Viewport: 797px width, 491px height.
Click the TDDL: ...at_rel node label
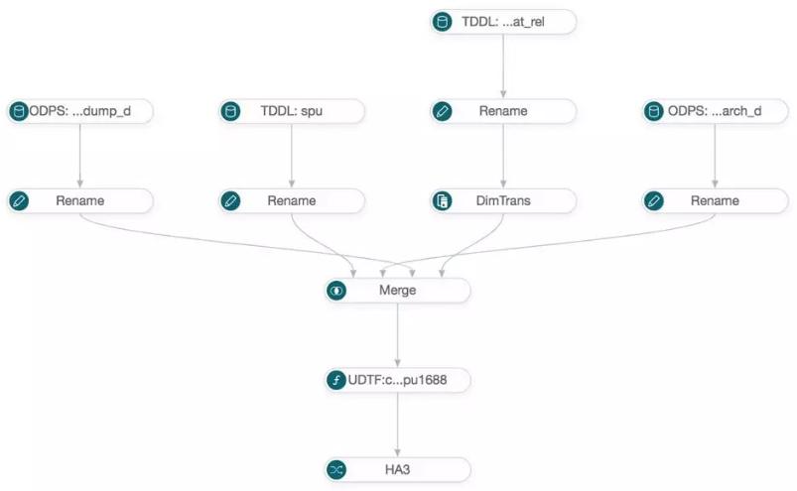coord(502,22)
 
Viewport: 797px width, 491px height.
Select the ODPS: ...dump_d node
coord(79,111)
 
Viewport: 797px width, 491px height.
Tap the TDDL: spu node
coord(291,111)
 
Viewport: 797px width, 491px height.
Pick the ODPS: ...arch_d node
coord(716,111)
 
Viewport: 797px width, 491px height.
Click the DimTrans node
coord(503,200)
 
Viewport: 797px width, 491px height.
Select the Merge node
coord(397,291)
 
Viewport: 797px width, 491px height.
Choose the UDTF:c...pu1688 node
coord(397,380)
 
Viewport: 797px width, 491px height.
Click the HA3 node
coord(397,470)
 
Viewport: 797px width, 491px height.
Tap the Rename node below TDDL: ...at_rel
coord(503,111)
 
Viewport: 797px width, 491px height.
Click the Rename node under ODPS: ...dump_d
coord(79,200)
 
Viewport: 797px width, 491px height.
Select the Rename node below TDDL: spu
coord(291,200)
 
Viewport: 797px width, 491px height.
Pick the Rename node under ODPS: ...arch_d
coord(716,200)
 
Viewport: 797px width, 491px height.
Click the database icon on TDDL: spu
coord(230,111)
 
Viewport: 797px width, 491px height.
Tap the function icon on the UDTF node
coord(336,380)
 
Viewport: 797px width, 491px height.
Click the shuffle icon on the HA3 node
coord(336,470)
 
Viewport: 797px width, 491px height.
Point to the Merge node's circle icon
coord(336,291)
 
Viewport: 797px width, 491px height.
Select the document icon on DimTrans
coord(443,200)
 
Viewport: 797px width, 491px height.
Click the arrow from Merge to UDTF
coord(397,335)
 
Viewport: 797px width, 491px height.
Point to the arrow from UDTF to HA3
coord(397,425)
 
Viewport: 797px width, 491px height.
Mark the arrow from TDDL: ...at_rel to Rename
coord(503,66)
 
